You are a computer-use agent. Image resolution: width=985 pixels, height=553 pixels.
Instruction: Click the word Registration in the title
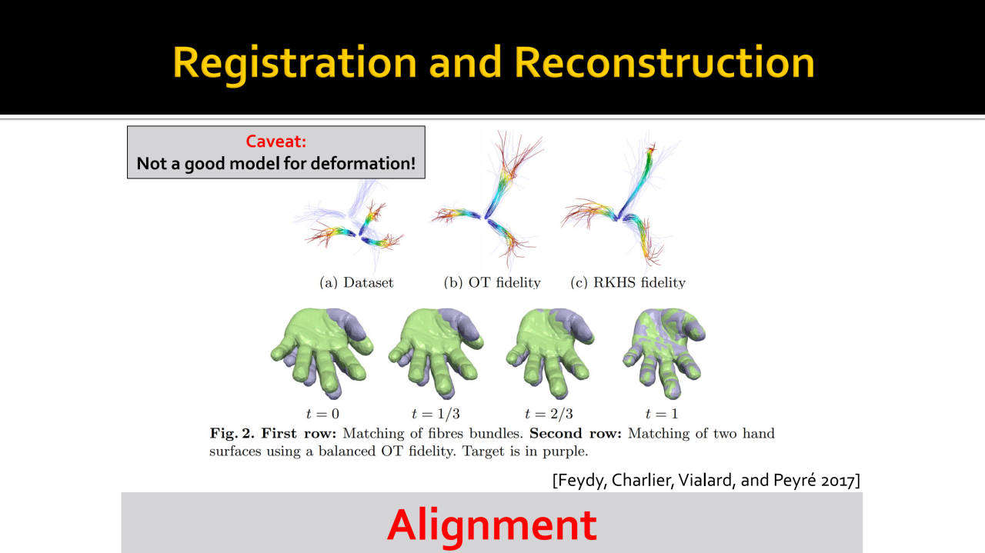tap(295, 64)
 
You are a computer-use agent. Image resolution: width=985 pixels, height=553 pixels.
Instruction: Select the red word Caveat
tap(275, 142)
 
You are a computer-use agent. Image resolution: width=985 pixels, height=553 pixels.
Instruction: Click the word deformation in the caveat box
tap(362, 164)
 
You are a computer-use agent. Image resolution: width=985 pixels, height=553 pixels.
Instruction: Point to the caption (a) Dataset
tap(356, 283)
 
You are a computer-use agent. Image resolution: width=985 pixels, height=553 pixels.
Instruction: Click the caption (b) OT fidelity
tap(492, 283)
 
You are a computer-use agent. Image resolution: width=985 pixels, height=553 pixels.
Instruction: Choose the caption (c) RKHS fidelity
tap(628, 283)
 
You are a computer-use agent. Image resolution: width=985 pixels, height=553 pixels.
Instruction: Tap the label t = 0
tap(322, 414)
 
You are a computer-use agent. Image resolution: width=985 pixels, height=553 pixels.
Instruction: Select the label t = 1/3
tap(436, 414)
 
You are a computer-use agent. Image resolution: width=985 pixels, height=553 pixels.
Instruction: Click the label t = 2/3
tap(549, 414)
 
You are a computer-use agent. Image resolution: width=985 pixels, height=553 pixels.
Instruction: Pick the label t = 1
tap(661, 414)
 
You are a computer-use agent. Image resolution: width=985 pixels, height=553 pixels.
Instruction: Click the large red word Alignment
tap(492, 525)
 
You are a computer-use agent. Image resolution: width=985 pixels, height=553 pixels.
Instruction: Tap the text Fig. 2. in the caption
tap(232, 434)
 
